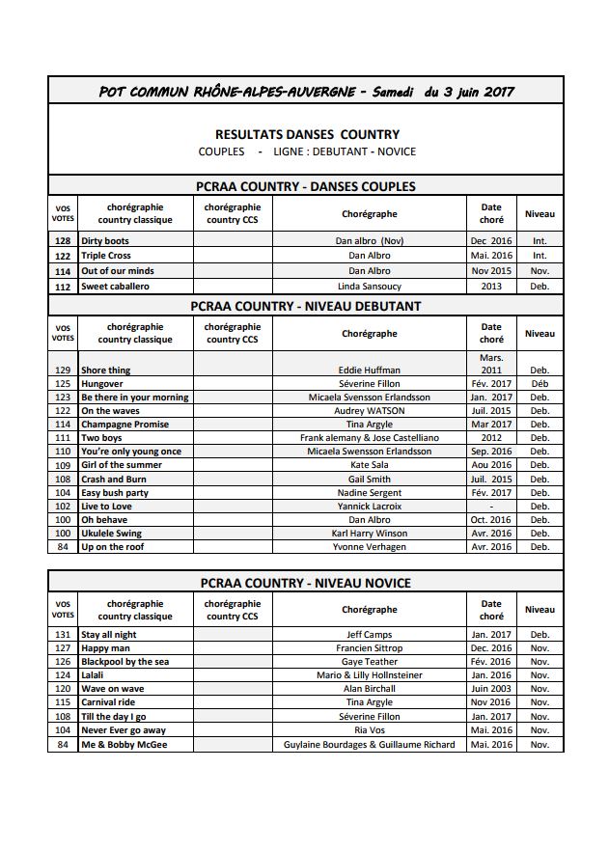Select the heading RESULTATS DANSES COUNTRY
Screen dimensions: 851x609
tap(306, 134)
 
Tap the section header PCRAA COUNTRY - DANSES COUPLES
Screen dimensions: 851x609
tap(306, 186)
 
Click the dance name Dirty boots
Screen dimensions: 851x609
tap(104, 240)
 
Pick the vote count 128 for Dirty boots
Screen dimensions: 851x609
tap(63, 240)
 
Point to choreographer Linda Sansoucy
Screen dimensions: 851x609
tap(369, 287)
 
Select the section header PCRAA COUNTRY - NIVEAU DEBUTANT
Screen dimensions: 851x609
tap(306, 306)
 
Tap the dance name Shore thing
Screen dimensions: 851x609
tap(105, 371)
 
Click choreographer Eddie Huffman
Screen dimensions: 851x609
tap(369, 371)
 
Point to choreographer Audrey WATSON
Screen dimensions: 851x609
tap(369, 411)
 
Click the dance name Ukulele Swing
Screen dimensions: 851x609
tap(111, 533)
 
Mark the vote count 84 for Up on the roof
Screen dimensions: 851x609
tap(64, 547)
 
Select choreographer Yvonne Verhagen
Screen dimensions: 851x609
tap(369, 547)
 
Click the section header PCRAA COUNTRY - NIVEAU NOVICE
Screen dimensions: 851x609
tap(306, 583)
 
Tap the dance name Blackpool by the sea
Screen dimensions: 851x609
tap(125, 662)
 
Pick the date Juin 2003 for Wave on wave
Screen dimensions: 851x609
tap(491, 689)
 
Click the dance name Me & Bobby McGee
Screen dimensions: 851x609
tap(124, 745)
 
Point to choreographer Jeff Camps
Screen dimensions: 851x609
tap(369, 635)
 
